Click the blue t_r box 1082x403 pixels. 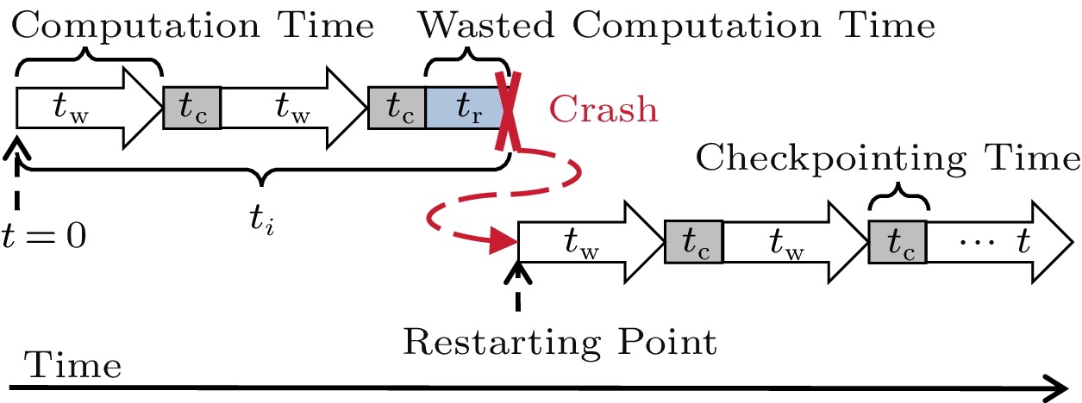pos(465,108)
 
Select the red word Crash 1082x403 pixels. pos(604,110)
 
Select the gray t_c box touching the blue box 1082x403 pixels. pos(397,108)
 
